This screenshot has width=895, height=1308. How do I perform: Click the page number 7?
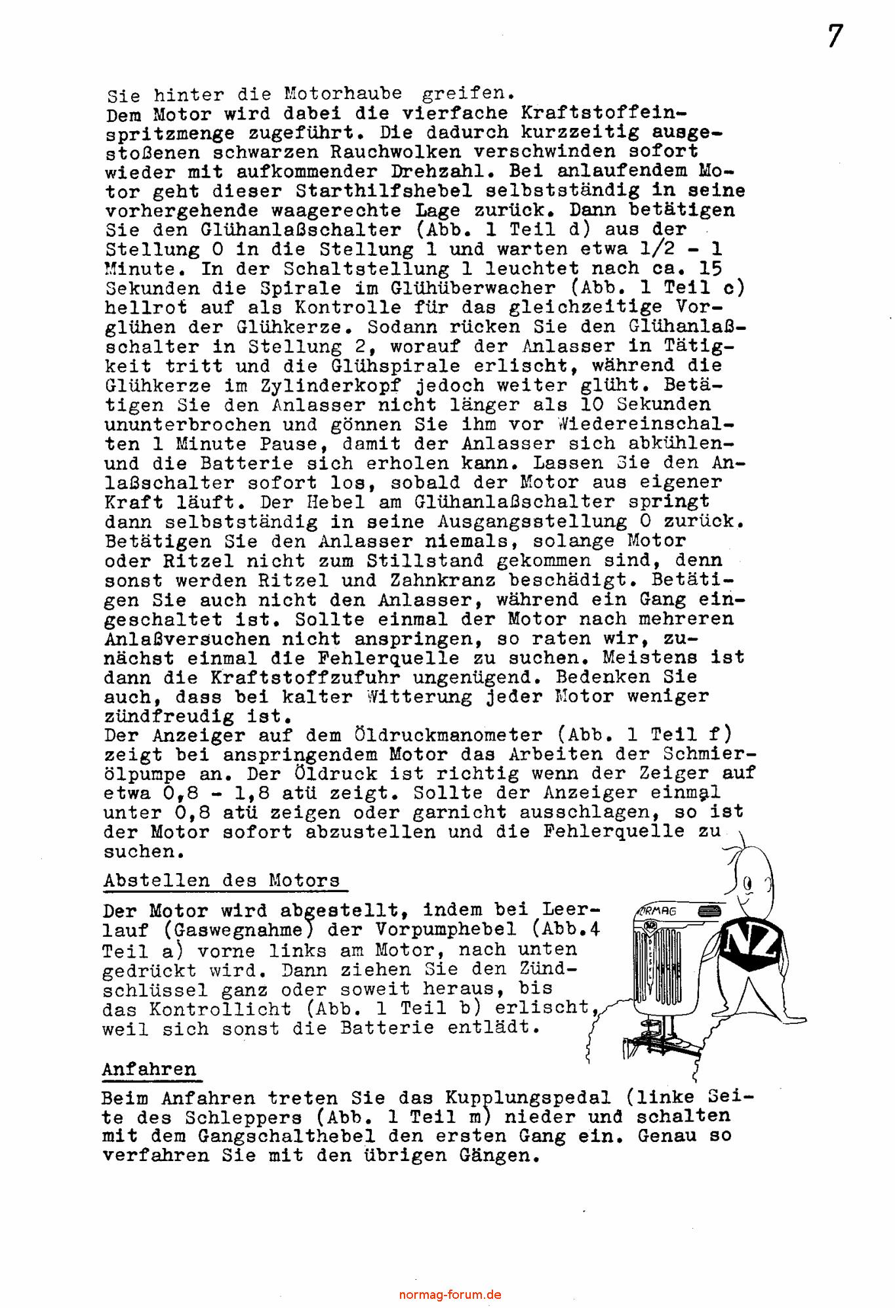(835, 37)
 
